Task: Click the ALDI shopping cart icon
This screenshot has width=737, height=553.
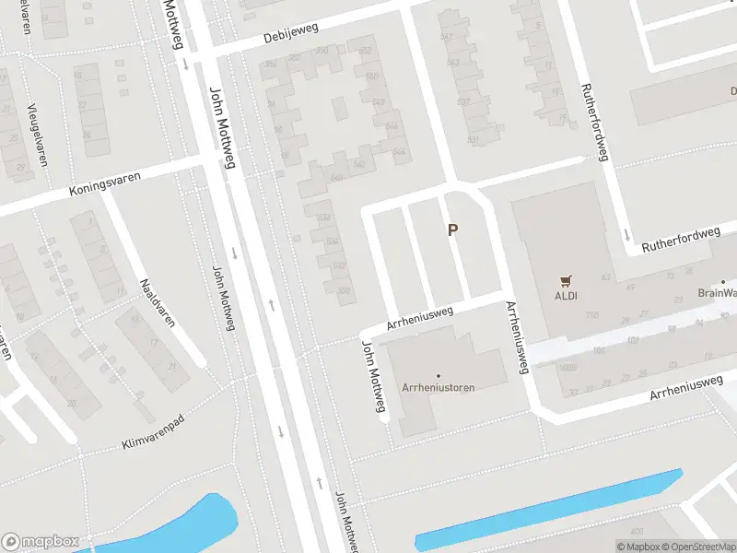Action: click(565, 281)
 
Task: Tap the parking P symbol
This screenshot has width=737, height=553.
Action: click(452, 229)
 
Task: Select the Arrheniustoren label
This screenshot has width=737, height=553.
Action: click(439, 388)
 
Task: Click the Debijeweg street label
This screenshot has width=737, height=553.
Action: click(290, 33)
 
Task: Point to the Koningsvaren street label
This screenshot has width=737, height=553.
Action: click(105, 182)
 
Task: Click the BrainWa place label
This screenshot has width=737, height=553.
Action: click(717, 294)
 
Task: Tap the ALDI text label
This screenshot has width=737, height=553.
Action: click(565, 297)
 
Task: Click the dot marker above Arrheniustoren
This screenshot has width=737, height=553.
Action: click(439, 376)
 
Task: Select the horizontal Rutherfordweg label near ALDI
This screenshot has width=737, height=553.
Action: click(681, 241)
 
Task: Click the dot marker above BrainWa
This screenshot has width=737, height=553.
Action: click(724, 282)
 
